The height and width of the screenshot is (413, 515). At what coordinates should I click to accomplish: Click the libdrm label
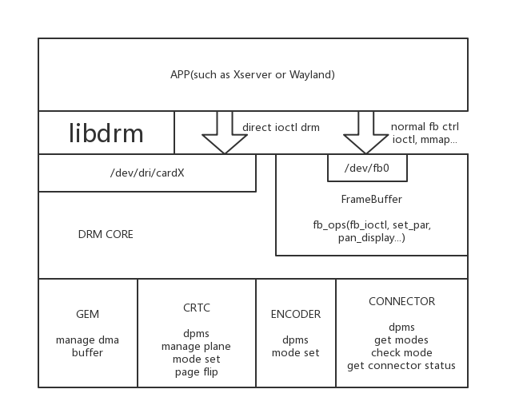(x=106, y=133)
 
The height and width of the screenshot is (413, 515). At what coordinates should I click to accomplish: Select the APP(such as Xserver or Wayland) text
(x=253, y=75)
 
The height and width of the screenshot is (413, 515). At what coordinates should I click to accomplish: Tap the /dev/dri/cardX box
(x=147, y=173)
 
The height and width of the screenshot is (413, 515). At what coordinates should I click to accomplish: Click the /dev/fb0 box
(x=367, y=168)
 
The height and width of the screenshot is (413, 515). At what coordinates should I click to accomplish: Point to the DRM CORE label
(x=106, y=235)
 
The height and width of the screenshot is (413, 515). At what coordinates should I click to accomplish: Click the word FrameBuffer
(x=372, y=199)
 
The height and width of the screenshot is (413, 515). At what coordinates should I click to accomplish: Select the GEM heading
(x=88, y=315)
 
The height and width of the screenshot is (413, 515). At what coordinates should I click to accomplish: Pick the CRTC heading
(x=197, y=308)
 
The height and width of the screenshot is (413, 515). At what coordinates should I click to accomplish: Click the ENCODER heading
(x=296, y=315)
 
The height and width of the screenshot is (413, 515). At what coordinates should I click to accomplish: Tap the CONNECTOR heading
(x=401, y=302)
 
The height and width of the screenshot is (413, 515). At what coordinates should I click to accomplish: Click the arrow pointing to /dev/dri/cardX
(x=225, y=134)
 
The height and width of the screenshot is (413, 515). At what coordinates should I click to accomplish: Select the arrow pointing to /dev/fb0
(x=366, y=134)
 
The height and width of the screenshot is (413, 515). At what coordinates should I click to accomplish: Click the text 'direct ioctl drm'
(x=281, y=127)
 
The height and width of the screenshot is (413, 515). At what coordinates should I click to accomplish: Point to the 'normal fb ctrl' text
(x=425, y=127)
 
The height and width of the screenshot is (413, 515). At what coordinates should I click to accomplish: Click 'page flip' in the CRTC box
(x=197, y=371)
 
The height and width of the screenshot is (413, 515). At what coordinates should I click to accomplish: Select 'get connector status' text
(x=401, y=366)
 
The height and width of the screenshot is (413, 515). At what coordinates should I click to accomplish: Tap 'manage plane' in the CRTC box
(x=197, y=346)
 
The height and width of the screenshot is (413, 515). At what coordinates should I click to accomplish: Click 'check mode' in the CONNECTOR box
(x=401, y=353)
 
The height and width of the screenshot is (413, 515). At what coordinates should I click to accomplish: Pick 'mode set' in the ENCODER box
(x=296, y=353)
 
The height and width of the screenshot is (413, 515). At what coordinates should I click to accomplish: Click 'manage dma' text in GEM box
(x=88, y=340)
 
